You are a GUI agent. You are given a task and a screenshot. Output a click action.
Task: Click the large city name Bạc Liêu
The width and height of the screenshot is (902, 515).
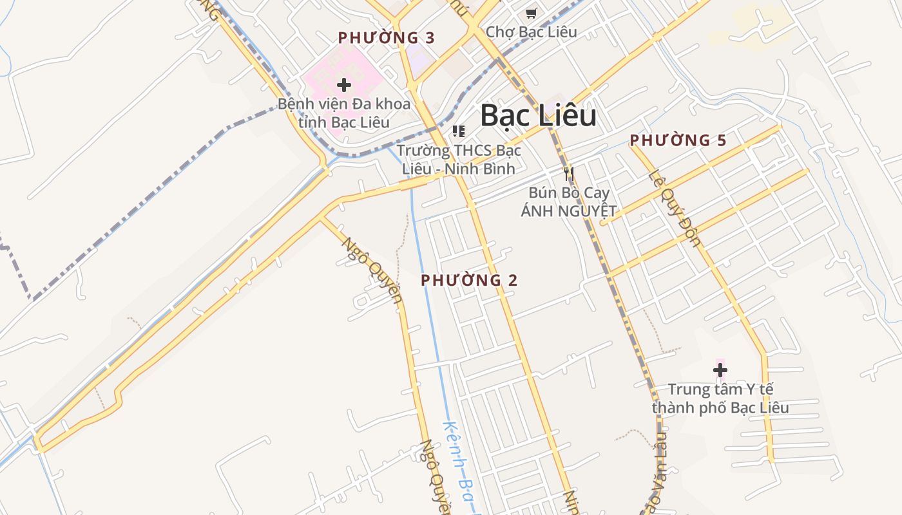(x=538, y=116)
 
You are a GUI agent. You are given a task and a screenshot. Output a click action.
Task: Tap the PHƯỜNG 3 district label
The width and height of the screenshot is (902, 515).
(x=387, y=38)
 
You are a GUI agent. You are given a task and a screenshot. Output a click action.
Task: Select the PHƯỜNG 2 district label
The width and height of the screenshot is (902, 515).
(x=469, y=280)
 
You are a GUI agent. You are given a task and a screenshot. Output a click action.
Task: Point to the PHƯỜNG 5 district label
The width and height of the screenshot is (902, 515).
(x=678, y=140)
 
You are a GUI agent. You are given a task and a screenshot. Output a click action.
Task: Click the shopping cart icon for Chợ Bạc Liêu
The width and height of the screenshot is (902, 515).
(x=531, y=13)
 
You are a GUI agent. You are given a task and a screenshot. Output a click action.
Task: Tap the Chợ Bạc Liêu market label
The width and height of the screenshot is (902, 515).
(x=531, y=32)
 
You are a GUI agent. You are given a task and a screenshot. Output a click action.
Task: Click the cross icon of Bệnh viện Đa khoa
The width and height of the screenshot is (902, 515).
(x=344, y=84)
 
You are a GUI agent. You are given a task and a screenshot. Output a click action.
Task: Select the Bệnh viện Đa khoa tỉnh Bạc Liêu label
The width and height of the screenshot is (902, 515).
(x=344, y=113)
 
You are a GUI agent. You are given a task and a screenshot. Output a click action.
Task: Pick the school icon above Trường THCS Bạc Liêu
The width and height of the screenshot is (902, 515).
(x=458, y=131)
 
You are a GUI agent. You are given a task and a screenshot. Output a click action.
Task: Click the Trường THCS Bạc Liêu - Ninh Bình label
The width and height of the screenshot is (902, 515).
(x=458, y=160)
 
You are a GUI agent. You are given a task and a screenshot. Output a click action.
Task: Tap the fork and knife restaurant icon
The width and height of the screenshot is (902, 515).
(x=568, y=173)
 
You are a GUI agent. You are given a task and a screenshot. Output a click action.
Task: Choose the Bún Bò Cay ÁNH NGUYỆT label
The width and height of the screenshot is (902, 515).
(x=569, y=201)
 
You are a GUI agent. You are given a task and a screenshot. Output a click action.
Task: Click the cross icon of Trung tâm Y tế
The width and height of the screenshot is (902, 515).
(x=720, y=370)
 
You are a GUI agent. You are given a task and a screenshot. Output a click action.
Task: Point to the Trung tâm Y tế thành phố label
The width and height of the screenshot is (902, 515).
(x=720, y=398)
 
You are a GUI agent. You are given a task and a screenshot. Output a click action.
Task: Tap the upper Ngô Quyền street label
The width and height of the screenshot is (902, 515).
(x=372, y=270)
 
